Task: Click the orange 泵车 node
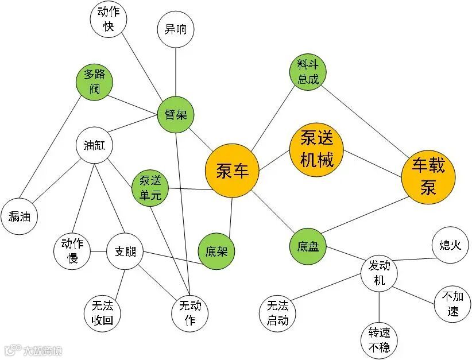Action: click(x=233, y=171)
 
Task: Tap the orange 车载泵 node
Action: click(x=428, y=176)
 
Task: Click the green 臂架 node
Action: click(x=176, y=115)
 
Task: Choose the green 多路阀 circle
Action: click(x=95, y=82)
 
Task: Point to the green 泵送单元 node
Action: click(x=150, y=187)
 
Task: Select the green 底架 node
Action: click(x=216, y=252)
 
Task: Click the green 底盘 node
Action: click(x=308, y=247)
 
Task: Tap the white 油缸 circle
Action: click(x=94, y=145)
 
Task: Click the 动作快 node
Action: click(x=109, y=20)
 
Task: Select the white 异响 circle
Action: click(x=176, y=30)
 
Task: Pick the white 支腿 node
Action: click(x=125, y=251)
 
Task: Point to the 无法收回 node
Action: click(x=102, y=313)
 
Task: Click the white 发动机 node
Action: click(x=380, y=273)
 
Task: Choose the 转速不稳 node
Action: click(x=380, y=340)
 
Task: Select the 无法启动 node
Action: click(x=277, y=313)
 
